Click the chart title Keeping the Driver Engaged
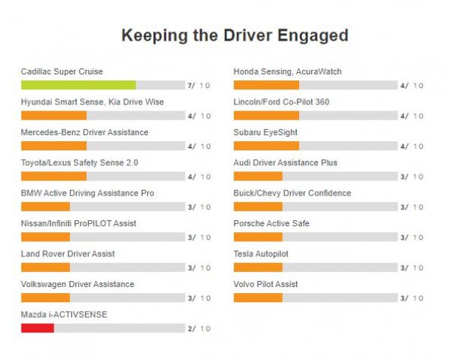(235, 35)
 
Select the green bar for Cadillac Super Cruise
(78, 85)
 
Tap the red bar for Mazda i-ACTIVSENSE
(38, 328)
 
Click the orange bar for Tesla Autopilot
(258, 268)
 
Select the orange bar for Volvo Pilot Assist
(258, 298)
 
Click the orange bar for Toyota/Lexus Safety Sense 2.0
(53, 176)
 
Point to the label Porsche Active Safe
(271, 223)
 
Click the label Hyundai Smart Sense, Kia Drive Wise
(92, 101)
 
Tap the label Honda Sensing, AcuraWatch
(287, 71)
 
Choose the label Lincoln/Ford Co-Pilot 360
(281, 101)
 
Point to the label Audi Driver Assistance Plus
(285, 162)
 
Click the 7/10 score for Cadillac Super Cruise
(199, 86)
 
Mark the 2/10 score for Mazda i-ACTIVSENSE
(199, 328)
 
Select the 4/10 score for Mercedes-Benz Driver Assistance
(199, 147)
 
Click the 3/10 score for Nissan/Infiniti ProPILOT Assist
(199, 237)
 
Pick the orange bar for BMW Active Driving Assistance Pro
(45, 207)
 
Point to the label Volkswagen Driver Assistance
(77, 284)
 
